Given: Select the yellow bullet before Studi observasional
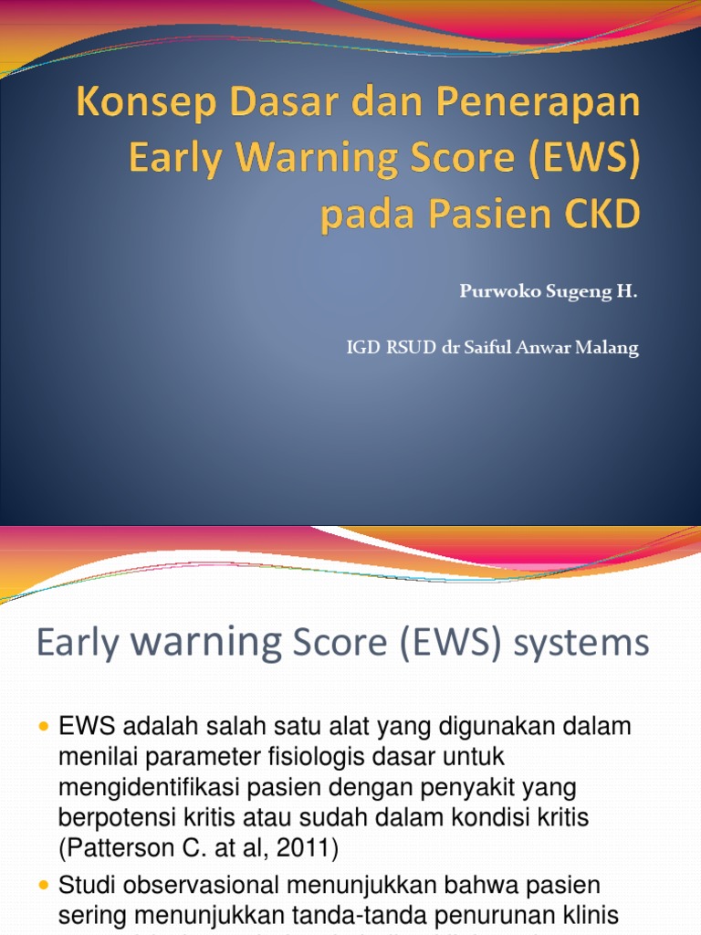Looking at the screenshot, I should coord(44,885).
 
